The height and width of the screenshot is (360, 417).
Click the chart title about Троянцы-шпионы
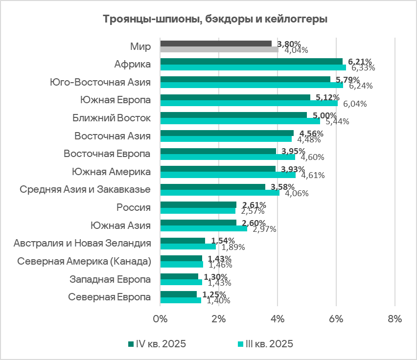coord(215,20)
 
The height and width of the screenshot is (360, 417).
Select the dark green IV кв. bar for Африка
coord(251,61)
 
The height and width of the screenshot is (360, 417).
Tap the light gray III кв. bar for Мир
coord(219,49)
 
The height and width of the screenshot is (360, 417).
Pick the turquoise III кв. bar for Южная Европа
coord(249,103)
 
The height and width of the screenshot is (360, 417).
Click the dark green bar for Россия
coord(198,204)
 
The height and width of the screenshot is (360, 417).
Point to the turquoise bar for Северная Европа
coord(181,300)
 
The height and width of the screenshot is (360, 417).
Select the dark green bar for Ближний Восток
coord(233,115)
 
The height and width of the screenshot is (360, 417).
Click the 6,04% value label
coord(355,104)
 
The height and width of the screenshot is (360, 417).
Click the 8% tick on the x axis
coord(394,319)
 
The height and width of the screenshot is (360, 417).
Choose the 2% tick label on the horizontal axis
coord(218,319)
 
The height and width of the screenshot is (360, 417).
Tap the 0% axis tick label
coord(160,319)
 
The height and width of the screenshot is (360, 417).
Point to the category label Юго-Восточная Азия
coord(100,82)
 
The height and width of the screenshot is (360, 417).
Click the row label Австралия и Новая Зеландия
coord(82,243)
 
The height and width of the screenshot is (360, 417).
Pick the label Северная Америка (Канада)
coord(84,261)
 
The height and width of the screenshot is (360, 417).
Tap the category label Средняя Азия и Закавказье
coord(85,189)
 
